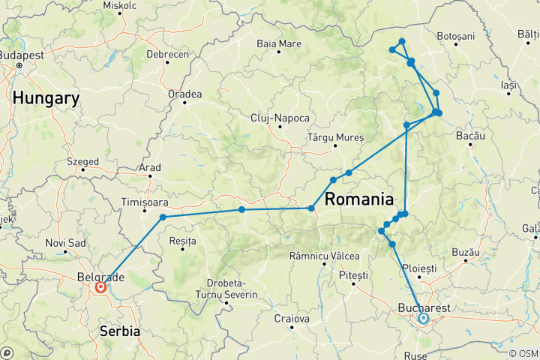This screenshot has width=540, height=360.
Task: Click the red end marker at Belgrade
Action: tap(100, 286)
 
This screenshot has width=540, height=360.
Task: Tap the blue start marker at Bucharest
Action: tap(423, 319)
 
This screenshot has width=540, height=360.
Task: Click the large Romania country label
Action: tap(359, 199)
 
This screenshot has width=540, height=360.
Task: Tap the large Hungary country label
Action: tap(46, 98)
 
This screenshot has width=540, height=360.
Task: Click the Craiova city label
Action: tap(292, 319)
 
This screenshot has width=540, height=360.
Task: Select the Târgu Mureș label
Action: tap(335, 138)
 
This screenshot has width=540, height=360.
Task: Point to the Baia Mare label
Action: tap(279, 43)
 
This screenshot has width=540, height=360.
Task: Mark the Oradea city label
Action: tap(185, 94)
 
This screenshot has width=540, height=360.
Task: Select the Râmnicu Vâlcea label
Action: tap(319, 256)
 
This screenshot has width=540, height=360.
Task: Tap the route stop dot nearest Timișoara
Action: tap(163, 217)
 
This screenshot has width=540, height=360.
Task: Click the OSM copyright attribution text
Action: tap(523, 353)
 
